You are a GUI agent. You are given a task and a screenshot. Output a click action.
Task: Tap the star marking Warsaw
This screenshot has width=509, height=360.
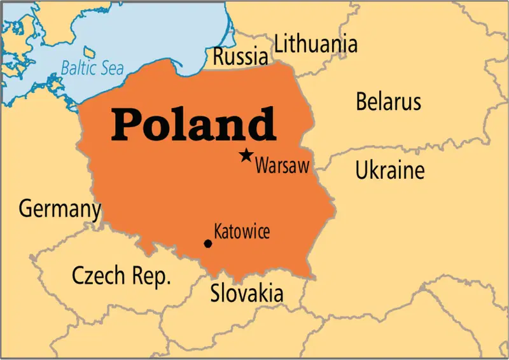(246, 155)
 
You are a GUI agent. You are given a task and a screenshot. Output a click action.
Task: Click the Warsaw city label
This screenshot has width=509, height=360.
(282, 167)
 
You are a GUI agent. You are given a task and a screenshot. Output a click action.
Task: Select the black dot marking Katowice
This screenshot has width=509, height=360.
(207, 244)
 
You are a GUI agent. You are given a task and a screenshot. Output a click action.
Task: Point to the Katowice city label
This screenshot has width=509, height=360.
(242, 232)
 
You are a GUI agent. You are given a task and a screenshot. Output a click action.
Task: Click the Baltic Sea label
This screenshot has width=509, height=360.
(92, 66)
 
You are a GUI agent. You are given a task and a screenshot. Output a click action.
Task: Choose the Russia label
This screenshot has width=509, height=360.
(240, 57)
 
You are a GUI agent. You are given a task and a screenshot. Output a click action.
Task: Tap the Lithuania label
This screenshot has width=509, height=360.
(316, 45)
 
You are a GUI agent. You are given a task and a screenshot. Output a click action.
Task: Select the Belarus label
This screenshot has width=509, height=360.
(388, 102)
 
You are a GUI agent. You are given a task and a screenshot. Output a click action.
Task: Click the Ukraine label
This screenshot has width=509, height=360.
(389, 170)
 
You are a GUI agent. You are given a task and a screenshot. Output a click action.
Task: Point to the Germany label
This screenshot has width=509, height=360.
(59, 209)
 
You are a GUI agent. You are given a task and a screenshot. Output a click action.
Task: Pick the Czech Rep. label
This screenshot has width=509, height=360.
(122, 276)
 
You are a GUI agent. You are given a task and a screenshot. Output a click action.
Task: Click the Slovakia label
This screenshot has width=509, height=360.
(247, 294)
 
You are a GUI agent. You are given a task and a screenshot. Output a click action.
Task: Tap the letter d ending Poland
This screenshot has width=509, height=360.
(261, 123)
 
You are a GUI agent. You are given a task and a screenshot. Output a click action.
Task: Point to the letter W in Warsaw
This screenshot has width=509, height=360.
(261, 167)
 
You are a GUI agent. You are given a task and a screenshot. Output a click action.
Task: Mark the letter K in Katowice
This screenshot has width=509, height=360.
(219, 232)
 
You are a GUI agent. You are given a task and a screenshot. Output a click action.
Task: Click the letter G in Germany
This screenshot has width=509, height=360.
(26, 208)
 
